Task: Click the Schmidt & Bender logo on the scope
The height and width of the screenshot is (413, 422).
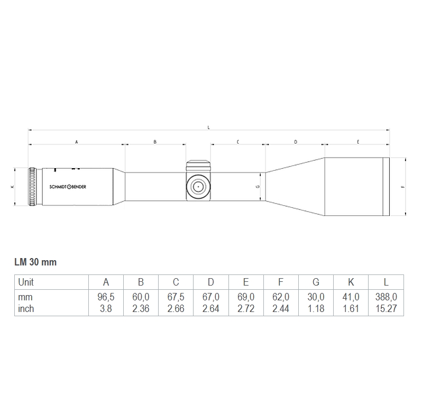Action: [68, 187]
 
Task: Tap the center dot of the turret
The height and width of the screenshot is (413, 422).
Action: [198, 186]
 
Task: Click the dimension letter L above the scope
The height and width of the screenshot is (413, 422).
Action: [209, 127]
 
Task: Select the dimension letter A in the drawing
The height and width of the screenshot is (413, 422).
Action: [76, 142]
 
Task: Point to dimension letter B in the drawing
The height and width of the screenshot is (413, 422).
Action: [155, 142]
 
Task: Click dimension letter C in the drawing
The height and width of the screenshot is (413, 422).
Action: [237, 142]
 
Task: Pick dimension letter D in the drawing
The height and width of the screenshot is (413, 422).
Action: [295, 142]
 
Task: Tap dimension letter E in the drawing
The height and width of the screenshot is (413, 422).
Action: [358, 142]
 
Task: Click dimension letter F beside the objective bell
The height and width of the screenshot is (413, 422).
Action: [403, 187]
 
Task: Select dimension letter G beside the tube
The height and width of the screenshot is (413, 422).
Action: [257, 187]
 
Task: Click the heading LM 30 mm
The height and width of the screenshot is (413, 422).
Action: [35, 262]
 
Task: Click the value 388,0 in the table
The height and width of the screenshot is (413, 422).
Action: [386, 298]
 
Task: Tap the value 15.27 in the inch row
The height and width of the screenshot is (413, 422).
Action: [386, 308]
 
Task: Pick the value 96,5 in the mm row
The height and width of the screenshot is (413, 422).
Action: [106, 298]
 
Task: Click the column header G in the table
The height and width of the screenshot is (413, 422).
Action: [316, 282]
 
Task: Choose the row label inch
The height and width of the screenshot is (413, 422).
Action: [26, 308]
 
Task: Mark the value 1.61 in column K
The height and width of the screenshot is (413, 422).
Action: [351, 308]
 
